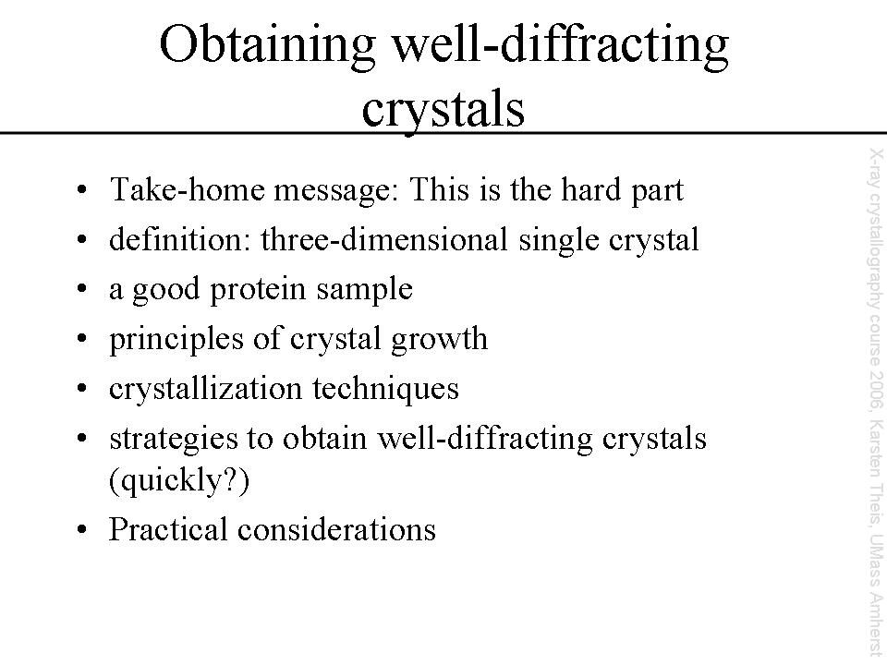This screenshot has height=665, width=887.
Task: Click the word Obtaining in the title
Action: point(268,46)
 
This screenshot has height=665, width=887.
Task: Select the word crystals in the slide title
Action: point(443,110)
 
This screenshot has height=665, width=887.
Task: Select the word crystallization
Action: point(205,389)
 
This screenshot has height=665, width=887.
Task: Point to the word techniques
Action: point(385,390)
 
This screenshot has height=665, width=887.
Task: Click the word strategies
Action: point(173,440)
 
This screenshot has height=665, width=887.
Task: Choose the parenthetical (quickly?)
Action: point(178,482)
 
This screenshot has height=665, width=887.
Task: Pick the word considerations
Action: point(336,529)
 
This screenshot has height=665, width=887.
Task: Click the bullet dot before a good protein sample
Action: point(82,288)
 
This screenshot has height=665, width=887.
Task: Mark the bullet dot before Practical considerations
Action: point(82,529)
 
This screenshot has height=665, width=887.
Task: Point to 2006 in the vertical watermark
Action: point(876,384)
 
